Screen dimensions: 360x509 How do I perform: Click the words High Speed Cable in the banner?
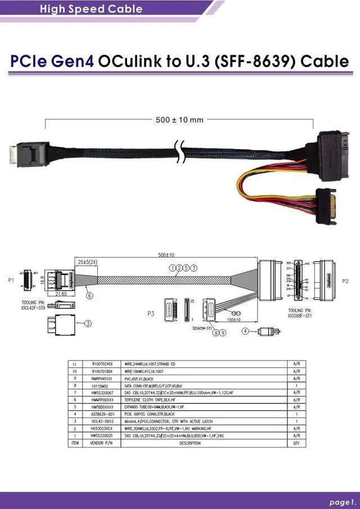point(91,9)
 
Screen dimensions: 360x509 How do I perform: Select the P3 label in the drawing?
point(150,313)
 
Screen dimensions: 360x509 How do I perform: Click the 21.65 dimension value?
point(61,294)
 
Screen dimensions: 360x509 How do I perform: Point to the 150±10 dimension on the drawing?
point(233,320)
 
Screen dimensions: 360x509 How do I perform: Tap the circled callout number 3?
point(88,323)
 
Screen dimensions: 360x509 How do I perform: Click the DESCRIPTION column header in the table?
point(190,443)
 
